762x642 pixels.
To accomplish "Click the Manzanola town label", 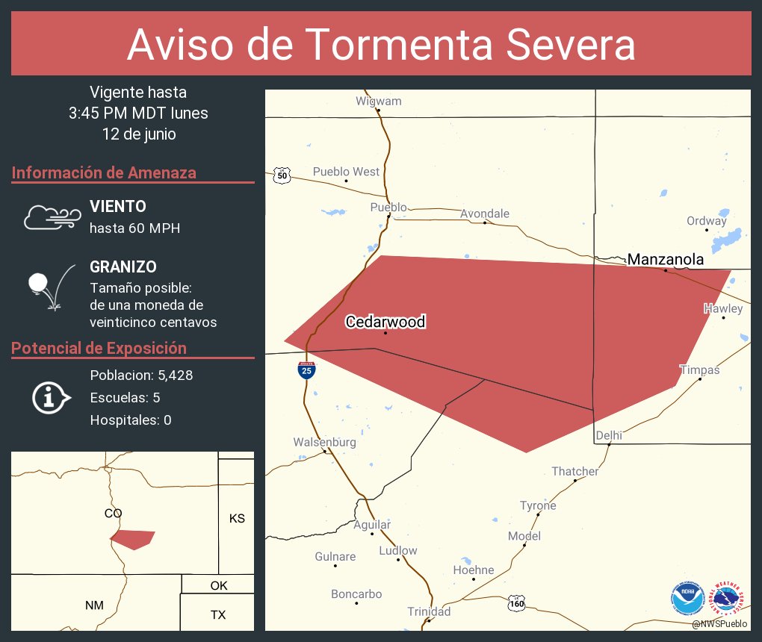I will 665,260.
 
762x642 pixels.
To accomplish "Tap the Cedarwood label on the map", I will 385,322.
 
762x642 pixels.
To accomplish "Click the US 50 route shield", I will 281,175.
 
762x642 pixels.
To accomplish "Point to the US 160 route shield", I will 515,602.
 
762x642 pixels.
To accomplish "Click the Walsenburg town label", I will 324,442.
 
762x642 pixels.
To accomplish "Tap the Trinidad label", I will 429,611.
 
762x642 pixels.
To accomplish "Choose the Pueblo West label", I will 346,172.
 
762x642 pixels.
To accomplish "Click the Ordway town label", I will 706,221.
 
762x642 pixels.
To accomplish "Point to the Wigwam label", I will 378,101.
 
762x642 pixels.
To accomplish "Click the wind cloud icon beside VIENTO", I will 52,216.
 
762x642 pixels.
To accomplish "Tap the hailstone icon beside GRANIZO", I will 50,287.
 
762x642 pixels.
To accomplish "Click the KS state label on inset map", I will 237,518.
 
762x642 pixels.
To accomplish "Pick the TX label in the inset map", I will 218,615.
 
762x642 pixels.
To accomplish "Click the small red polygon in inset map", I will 132,539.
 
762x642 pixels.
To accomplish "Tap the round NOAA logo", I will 687,598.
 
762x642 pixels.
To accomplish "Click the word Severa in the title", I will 570,45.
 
